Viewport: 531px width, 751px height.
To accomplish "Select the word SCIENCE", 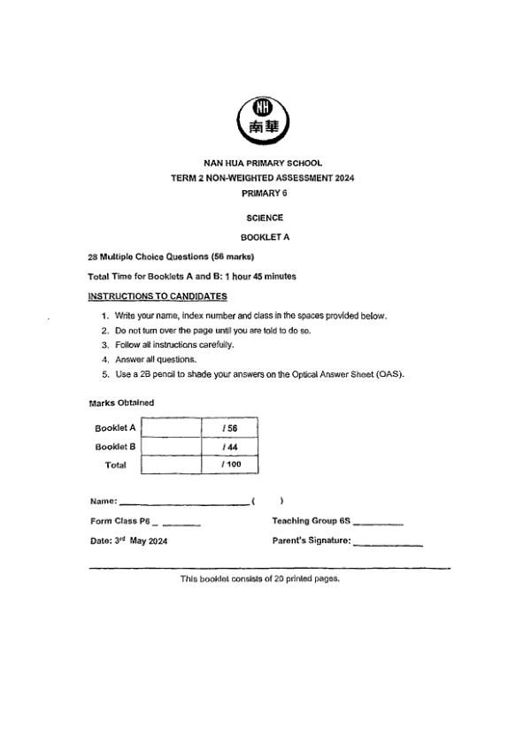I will pyautogui.click(x=265, y=217).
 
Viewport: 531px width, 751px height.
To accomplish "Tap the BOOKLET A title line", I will pyautogui.click(x=265, y=237).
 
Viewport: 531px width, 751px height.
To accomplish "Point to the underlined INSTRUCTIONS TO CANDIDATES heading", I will pyautogui.click(x=158, y=295).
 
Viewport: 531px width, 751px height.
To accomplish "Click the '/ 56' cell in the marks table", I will pyautogui.click(x=230, y=428).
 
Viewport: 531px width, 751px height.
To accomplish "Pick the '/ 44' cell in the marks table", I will pyautogui.click(x=230, y=447).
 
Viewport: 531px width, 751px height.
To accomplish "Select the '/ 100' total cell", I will pyautogui.click(x=230, y=464).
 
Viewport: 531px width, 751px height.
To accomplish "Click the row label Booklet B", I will pyautogui.click(x=115, y=447).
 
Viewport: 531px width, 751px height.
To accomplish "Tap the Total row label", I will pyautogui.click(x=116, y=464).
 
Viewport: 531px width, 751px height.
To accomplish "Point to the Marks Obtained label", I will pyautogui.click(x=121, y=402).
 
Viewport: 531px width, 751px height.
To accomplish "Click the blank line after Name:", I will pyautogui.click(x=184, y=503).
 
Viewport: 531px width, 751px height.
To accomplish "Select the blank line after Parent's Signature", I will pyautogui.click(x=388, y=543).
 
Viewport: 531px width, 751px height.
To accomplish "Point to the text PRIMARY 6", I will pyautogui.click(x=265, y=192).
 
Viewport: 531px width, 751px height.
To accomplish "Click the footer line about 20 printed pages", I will pyautogui.click(x=260, y=579).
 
